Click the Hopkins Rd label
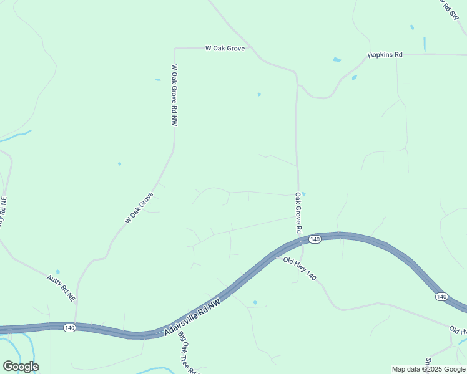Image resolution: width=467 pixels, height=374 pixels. [x=385, y=55]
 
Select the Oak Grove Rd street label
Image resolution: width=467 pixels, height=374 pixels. [x=298, y=213]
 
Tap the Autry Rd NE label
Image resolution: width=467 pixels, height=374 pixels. [x=61, y=289]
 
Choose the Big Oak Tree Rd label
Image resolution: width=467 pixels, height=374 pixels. [x=187, y=353]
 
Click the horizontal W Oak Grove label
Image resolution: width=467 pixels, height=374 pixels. [x=225, y=47]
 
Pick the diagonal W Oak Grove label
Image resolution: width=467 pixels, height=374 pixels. [x=139, y=208]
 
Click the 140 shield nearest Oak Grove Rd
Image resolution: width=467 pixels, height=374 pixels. [x=315, y=239]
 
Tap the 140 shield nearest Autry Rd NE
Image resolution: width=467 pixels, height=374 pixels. [x=69, y=328]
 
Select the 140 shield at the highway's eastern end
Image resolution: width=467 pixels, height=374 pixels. [x=441, y=296]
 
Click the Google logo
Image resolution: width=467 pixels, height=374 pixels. [x=21, y=367]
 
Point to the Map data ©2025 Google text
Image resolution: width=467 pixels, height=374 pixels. [x=428, y=369]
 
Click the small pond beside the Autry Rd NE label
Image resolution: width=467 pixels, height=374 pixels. [x=57, y=272]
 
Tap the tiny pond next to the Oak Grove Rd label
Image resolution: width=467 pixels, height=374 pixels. [x=303, y=194]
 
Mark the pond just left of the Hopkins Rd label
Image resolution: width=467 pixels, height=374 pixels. [x=337, y=60]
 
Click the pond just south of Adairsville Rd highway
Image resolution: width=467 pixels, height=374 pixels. [x=255, y=303]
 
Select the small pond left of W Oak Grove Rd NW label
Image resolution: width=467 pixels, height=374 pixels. [x=157, y=80]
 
